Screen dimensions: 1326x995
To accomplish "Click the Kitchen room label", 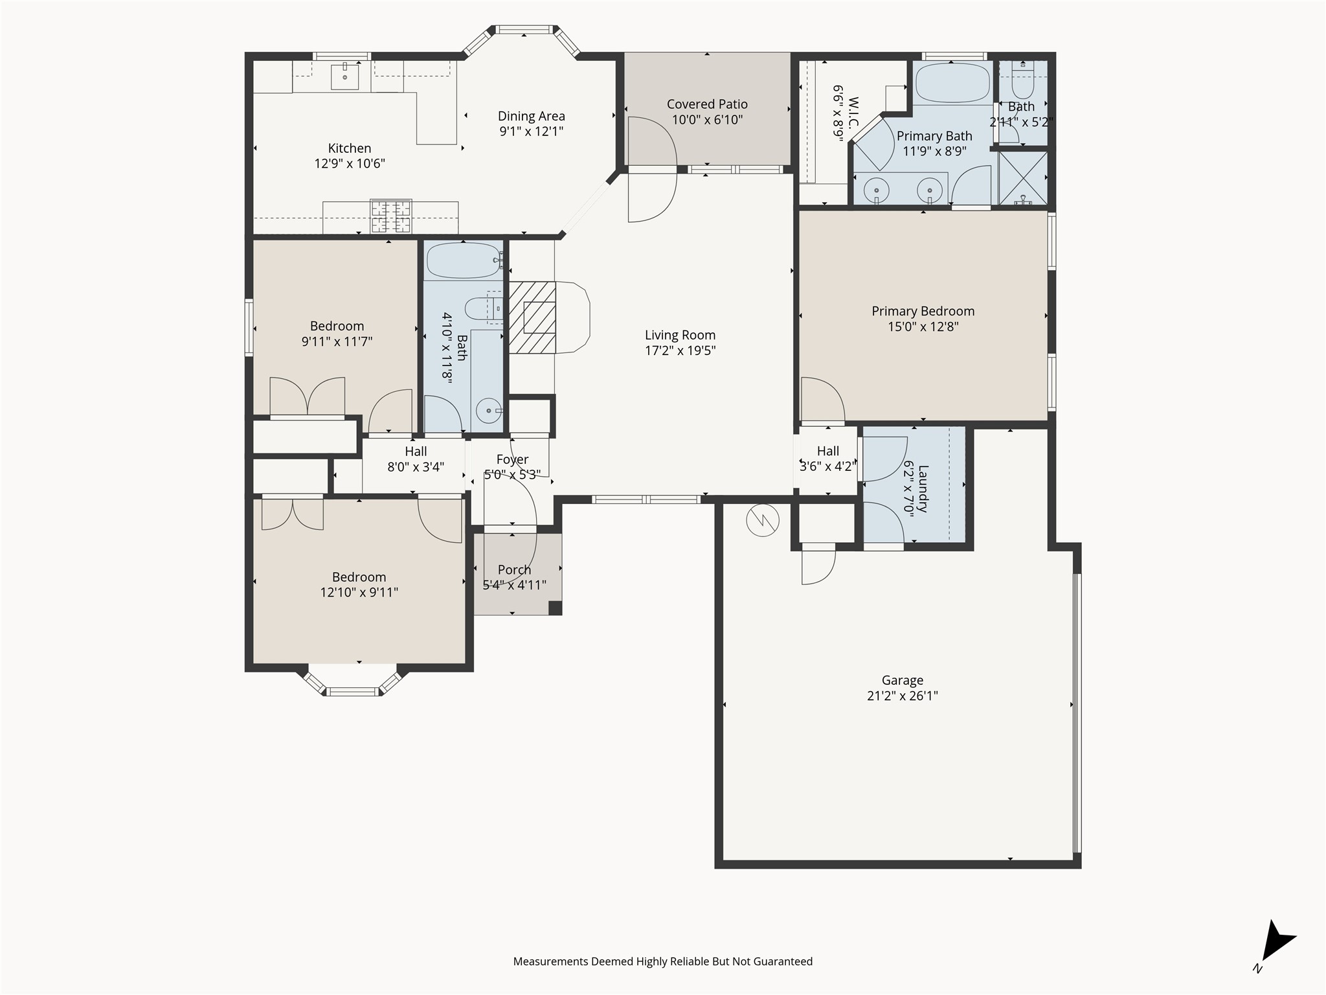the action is point(350,148).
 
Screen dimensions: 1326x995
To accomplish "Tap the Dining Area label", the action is point(531,116).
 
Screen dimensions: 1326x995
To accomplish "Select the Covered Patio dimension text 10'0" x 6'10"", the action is point(707,120).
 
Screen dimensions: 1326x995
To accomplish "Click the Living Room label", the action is point(680,335).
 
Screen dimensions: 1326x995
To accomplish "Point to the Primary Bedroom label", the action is point(923,311).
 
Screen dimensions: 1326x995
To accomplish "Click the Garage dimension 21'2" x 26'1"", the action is point(903,696).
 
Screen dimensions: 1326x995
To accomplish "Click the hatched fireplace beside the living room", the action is point(532,317).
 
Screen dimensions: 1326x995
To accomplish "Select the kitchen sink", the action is point(345,76).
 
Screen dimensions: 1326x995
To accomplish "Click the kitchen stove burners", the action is point(390,216).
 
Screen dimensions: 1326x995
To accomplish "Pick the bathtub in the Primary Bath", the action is point(953,84).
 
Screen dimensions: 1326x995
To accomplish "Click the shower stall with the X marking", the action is point(1023,178).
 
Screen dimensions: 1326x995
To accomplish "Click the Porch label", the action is point(514,570).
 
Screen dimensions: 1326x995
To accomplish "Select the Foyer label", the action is point(512,460).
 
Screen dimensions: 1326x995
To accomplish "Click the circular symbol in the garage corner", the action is point(763,520).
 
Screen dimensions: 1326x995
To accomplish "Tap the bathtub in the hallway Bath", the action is point(464,260).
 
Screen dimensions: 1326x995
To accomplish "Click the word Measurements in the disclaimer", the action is point(551,962).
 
